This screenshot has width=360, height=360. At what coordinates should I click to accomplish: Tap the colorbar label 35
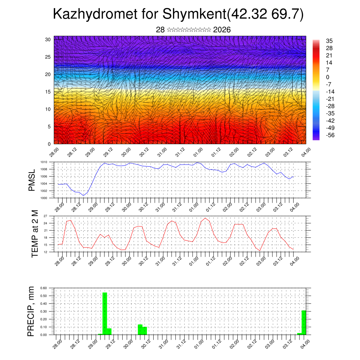(329, 41)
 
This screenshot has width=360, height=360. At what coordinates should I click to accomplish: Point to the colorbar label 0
(328, 77)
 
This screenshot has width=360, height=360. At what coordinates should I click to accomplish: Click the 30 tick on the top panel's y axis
(48, 39)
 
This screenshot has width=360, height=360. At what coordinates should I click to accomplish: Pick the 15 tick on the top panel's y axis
(48, 92)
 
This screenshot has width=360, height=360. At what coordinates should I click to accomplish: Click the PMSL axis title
(32, 180)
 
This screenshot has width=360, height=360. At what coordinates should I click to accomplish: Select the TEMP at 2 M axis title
(35, 233)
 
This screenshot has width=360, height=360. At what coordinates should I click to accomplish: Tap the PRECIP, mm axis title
(31, 311)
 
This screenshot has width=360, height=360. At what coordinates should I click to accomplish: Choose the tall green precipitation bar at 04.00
(304, 322)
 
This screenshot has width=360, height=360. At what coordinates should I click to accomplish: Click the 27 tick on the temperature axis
(46, 216)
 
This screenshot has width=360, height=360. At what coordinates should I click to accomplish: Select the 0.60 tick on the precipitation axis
(43, 288)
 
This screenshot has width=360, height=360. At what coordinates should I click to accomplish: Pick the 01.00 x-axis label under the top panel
(198, 154)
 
